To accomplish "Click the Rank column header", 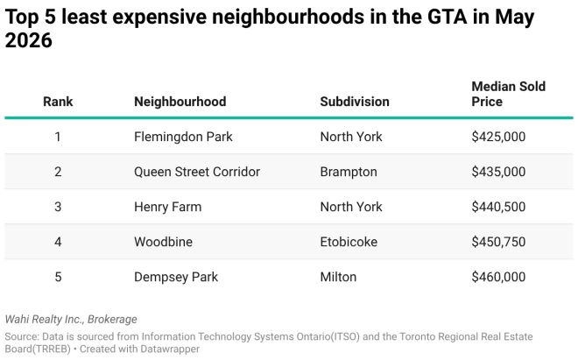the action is click(x=58, y=102).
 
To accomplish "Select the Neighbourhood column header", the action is click(x=180, y=102).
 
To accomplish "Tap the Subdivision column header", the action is click(x=355, y=102).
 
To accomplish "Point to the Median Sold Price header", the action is click(x=508, y=94).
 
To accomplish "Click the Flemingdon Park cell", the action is click(x=183, y=137).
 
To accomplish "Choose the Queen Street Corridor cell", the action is click(x=197, y=172).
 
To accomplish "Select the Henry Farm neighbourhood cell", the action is click(x=168, y=207).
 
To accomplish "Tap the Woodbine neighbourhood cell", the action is click(x=163, y=242).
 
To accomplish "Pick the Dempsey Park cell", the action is click(x=176, y=277).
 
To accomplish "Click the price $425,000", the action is click(x=498, y=137).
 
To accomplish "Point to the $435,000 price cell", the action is click(x=498, y=172).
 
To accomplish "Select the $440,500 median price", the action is click(x=498, y=207).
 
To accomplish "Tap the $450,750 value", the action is click(x=498, y=242).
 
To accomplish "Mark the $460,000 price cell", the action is click(x=498, y=277).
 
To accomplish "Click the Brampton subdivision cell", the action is click(x=349, y=172).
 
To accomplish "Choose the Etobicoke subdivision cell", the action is click(x=349, y=242).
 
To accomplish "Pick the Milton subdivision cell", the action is click(x=338, y=277).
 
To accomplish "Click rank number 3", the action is click(x=58, y=207).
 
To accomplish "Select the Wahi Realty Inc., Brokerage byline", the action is click(x=71, y=320).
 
